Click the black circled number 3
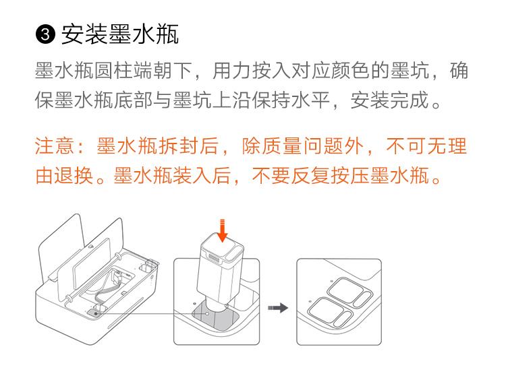click(45, 34)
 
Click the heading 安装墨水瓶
click(119, 34)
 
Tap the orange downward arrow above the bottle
click(222, 230)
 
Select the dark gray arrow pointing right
click(278, 308)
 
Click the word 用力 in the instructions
click(231, 71)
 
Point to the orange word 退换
click(74, 175)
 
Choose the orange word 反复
click(310, 175)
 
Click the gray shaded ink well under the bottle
click(215, 317)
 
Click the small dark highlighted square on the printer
click(94, 313)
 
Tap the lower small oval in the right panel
click(342, 319)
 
